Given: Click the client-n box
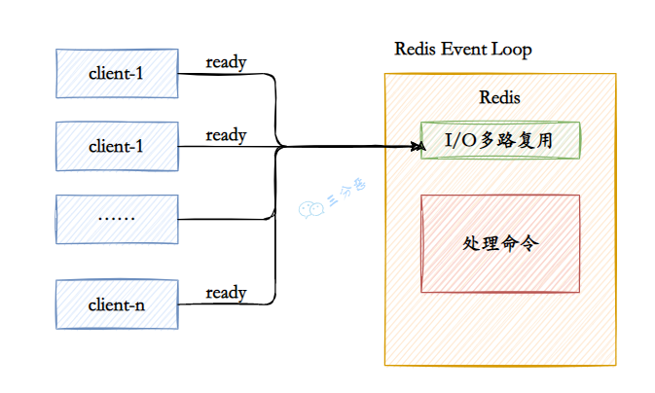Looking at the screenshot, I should click(116, 304).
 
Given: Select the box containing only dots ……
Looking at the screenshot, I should click(116, 219).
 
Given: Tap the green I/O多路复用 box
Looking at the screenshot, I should click(499, 141).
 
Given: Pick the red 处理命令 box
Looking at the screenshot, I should click(499, 243).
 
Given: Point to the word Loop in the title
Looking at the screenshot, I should click(514, 49).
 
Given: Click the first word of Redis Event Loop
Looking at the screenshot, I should click(418, 49).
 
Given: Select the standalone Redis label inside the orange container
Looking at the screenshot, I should click(499, 97).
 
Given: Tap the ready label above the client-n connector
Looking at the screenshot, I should click(226, 292).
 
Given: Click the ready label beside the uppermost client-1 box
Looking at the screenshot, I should click(226, 62).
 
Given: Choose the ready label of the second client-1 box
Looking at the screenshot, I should click(226, 135).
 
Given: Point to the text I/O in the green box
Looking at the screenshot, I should click(461, 141).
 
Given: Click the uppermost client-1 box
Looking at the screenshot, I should click(116, 73).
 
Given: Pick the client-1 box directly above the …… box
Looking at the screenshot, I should click(116, 146).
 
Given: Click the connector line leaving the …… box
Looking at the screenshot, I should click(224, 219).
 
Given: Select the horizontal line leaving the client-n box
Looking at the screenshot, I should click(224, 304).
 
